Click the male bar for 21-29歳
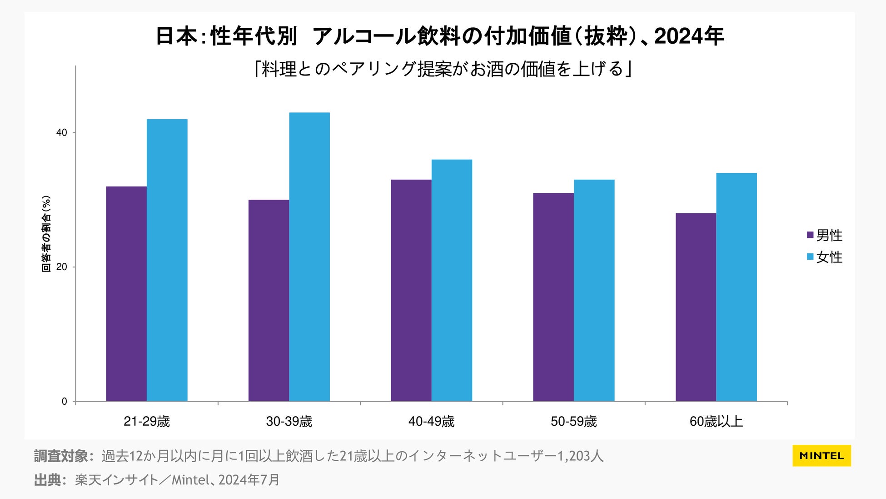pyautogui.click(x=126, y=294)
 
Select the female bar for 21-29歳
pyautogui.click(x=167, y=260)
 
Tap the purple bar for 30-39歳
pyautogui.click(x=269, y=300)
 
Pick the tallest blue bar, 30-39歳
pyautogui.click(x=309, y=257)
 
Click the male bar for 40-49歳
pyautogui.click(x=411, y=290)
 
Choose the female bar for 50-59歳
pyautogui.click(x=594, y=290)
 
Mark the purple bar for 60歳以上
pyautogui.click(x=696, y=307)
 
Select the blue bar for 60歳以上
pyautogui.click(x=737, y=287)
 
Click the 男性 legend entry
pyautogui.click(x=824, y=235)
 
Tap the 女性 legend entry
pyautogui.click(x=824, y=257)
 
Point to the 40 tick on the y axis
pyautogui.click(x=61, y=133)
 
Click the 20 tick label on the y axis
pyautogui.click(x=61, y=267)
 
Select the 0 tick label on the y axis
pyautogui.click(x=64, y=402)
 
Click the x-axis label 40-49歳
pyautogui.click(x=431, y=422)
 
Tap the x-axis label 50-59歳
pyautogui.click(x=573, y=422)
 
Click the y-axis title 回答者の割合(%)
pyautogui.click(x=46, y=234)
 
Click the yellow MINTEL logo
pyautogui.click(x=821, y=456)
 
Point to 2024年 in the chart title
pyautogui.click(x=689, y=36)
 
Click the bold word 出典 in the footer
pyautogui.click(x=48, y=480)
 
